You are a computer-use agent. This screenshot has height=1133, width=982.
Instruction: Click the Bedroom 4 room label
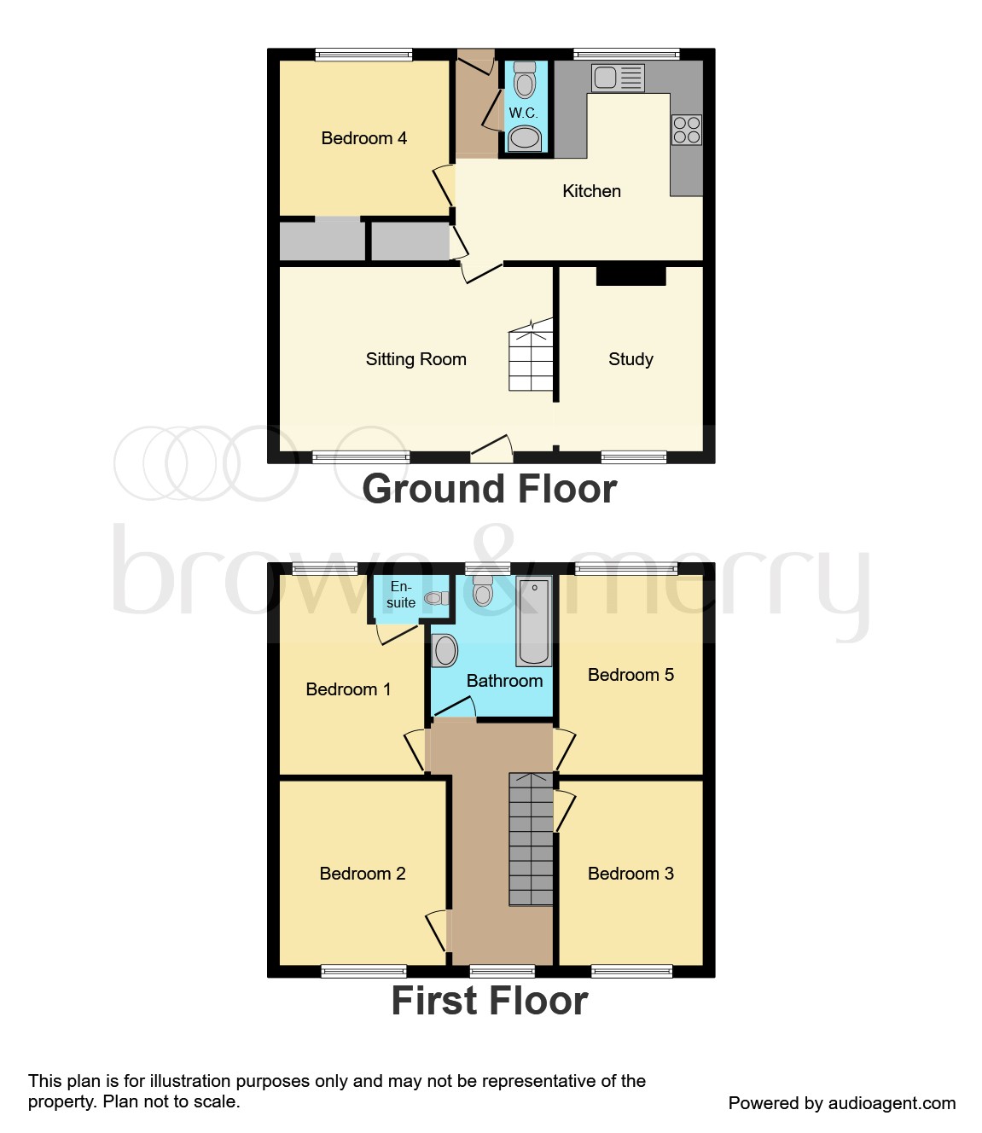click(363, 138)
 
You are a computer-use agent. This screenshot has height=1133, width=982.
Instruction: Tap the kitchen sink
click(618, 78)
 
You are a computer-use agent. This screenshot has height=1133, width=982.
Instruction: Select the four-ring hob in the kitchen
click(687, 130)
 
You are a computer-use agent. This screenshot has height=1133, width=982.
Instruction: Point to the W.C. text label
click(523, 113)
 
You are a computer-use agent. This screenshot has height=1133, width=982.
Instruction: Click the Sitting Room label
click(415, 359)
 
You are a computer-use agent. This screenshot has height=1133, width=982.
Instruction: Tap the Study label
click(630, 359)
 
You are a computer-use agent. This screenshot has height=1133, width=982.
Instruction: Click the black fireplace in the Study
click(630, 276)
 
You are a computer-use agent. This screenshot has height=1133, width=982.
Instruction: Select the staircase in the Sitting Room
click(531, 358)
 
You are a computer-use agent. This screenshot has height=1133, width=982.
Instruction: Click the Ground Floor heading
click(489, 489)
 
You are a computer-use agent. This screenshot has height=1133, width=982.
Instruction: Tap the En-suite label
click(400, 595)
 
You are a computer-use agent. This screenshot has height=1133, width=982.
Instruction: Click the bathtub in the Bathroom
click(534, 620)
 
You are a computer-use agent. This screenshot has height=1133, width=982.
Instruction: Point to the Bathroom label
click(504, 681)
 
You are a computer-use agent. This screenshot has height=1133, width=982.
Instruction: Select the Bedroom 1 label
click(348, 689)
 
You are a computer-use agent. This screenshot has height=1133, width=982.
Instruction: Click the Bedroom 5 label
click(630, 675)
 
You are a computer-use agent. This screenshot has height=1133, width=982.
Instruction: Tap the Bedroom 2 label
click(362, 874)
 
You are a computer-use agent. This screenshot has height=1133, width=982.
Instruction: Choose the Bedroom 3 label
click(630, 874)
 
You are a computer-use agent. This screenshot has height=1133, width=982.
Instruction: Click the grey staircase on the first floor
click(531, 840)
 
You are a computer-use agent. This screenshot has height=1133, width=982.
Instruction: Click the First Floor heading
click(489, 1001)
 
